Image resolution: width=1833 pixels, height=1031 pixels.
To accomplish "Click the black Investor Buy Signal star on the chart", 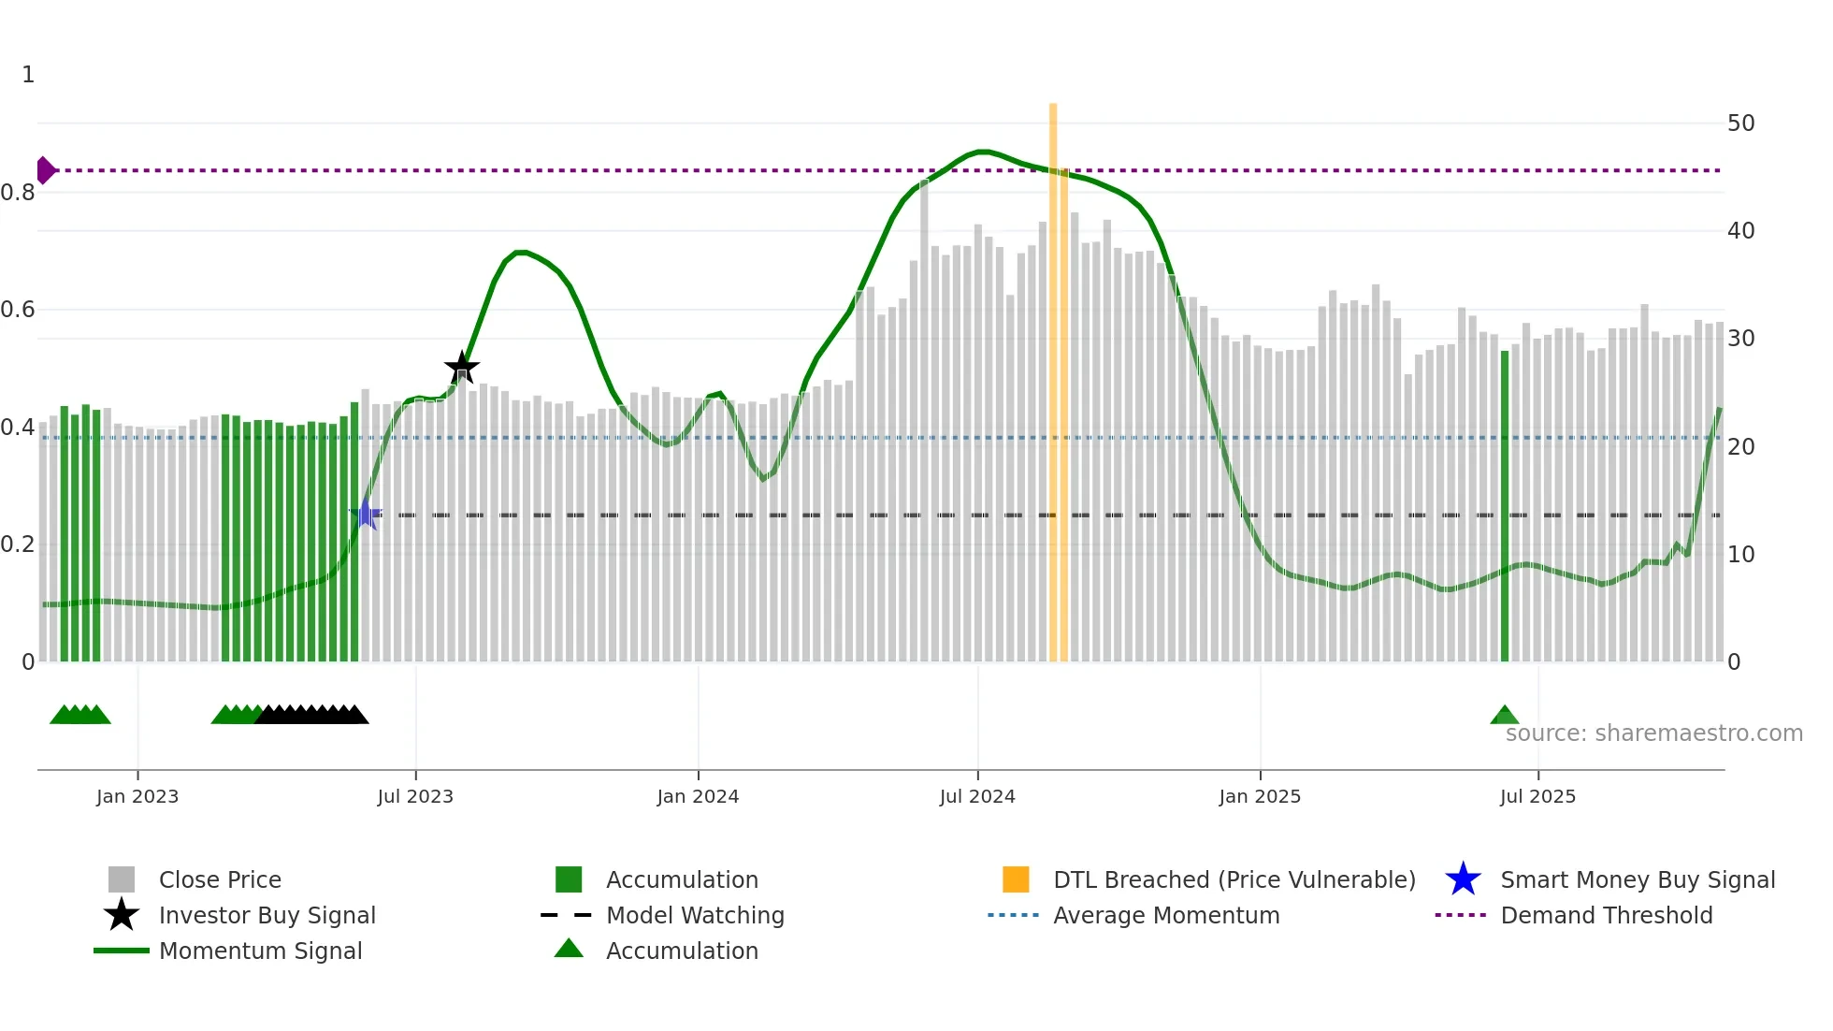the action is coord(461,369).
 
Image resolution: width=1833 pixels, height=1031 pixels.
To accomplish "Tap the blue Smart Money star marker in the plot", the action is coord(366,515).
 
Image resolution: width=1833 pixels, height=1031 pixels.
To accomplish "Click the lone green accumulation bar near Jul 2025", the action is coord(1504,505).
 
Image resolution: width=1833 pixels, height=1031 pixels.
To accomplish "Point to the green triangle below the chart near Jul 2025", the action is coord(1504,716).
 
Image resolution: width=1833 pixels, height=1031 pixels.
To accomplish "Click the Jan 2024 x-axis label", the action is coord(698,796).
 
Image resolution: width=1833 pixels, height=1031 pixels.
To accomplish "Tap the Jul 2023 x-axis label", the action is coord(415,796).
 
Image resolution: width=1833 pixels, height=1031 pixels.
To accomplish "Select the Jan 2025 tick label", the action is coord(1260,796).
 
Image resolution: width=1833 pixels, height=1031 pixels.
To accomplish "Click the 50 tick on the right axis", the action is coord(1740,123).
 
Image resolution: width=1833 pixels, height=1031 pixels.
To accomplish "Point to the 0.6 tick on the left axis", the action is coord(19,310).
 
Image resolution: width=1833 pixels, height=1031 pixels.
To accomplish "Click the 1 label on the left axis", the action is coord(28,75).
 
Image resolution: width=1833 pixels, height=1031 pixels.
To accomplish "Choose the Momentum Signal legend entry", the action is coord(260,951).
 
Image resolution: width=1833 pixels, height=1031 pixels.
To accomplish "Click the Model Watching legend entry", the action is coord(695,915).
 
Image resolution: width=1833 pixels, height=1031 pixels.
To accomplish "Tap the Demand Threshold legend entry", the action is coord(1606,915).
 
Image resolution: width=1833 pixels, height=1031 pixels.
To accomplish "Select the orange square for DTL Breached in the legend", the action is coord(1016,879).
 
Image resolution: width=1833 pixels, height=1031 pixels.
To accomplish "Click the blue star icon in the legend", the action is coord(1463,879).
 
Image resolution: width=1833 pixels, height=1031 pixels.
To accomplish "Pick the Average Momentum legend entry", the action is coord(1166,915).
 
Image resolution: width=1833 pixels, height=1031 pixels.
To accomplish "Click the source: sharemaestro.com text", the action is coord(1653,733).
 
